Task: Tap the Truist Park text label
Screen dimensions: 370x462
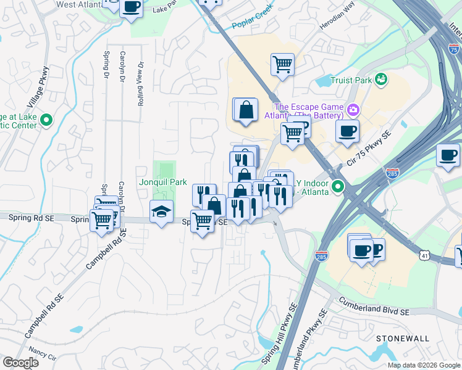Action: (351, 80)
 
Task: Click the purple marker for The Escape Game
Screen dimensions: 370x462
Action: (353, 110)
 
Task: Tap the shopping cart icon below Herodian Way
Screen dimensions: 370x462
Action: (282, 63)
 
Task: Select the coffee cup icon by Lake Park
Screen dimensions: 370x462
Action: (131, 7)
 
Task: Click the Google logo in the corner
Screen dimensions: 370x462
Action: (20, 363)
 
